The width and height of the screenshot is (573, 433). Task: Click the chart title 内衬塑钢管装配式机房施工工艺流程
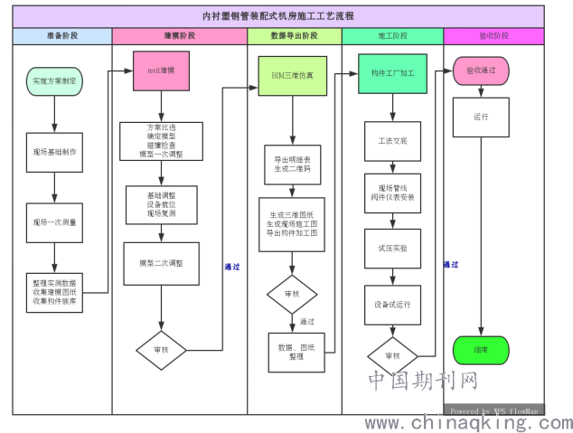(x=277, y=15)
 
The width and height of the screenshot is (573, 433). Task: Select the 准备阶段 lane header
(x=62, y=36)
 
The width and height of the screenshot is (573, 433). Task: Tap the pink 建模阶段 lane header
(x=179, y=36)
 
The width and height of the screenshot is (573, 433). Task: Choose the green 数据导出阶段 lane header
(x=294, y=36)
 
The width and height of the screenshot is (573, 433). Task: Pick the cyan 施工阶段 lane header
(x=392, y=36)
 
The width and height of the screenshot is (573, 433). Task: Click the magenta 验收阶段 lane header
(x=493, y=36)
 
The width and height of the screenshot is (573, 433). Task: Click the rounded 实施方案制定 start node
(x=54, y=81)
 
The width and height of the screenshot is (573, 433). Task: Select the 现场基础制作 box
(x=54, y=152)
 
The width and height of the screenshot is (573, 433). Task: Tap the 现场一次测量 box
(x=54, y=222)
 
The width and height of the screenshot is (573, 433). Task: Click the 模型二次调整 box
(x=161, y=263)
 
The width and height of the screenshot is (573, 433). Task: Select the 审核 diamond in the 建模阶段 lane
(x=161, y=349)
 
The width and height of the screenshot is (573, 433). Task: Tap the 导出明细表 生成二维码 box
(x=292, y=165)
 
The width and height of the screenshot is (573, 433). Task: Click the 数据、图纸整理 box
(x=296, y=352)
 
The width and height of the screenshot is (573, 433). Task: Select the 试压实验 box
(x=392, y=247)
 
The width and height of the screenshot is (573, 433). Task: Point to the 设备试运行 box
(x=392, y=305)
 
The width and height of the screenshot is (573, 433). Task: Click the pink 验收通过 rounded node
(x=480, y=71)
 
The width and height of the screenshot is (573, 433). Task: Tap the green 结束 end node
(x=480, y=350)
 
